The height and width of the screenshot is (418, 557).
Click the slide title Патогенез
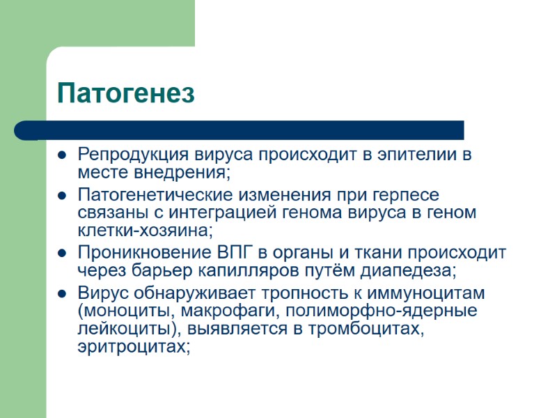point(125,93)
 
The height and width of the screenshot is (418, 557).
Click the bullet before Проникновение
point(61,253)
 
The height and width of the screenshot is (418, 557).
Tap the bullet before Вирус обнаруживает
point(61,293)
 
